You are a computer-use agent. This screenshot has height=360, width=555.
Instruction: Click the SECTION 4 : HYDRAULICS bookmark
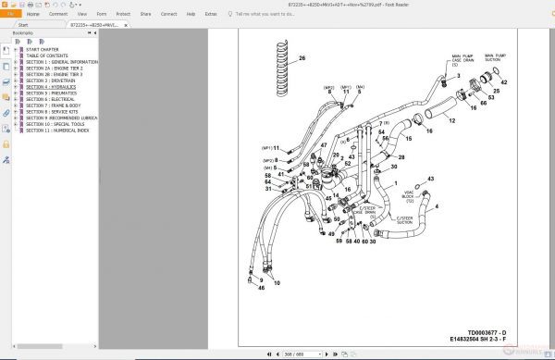tap(51, 86)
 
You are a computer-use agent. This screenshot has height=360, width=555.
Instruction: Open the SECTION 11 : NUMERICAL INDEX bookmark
tap(58, 130)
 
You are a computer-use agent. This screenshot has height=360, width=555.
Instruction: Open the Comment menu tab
tap(57, 15)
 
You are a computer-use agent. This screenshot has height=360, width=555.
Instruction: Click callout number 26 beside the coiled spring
tap(302, 58)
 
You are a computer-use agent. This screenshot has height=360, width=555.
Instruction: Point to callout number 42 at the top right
tap(504, 81)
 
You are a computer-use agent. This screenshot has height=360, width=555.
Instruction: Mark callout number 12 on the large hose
tap(452, 121)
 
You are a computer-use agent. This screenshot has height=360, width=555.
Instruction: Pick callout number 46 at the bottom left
tap(261, 288)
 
